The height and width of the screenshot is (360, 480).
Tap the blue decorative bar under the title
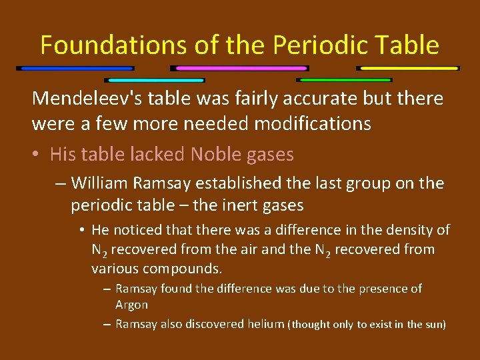click(x=75, y=68)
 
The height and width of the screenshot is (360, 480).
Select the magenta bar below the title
click(x=239, y=68)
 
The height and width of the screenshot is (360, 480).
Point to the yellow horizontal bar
click(x=408, y=68)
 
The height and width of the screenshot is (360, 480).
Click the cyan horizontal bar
click(x=155, y=80)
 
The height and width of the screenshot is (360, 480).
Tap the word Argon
click(x=131, y=305)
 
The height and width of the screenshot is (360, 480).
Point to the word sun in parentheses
click(x=433, y=325)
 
